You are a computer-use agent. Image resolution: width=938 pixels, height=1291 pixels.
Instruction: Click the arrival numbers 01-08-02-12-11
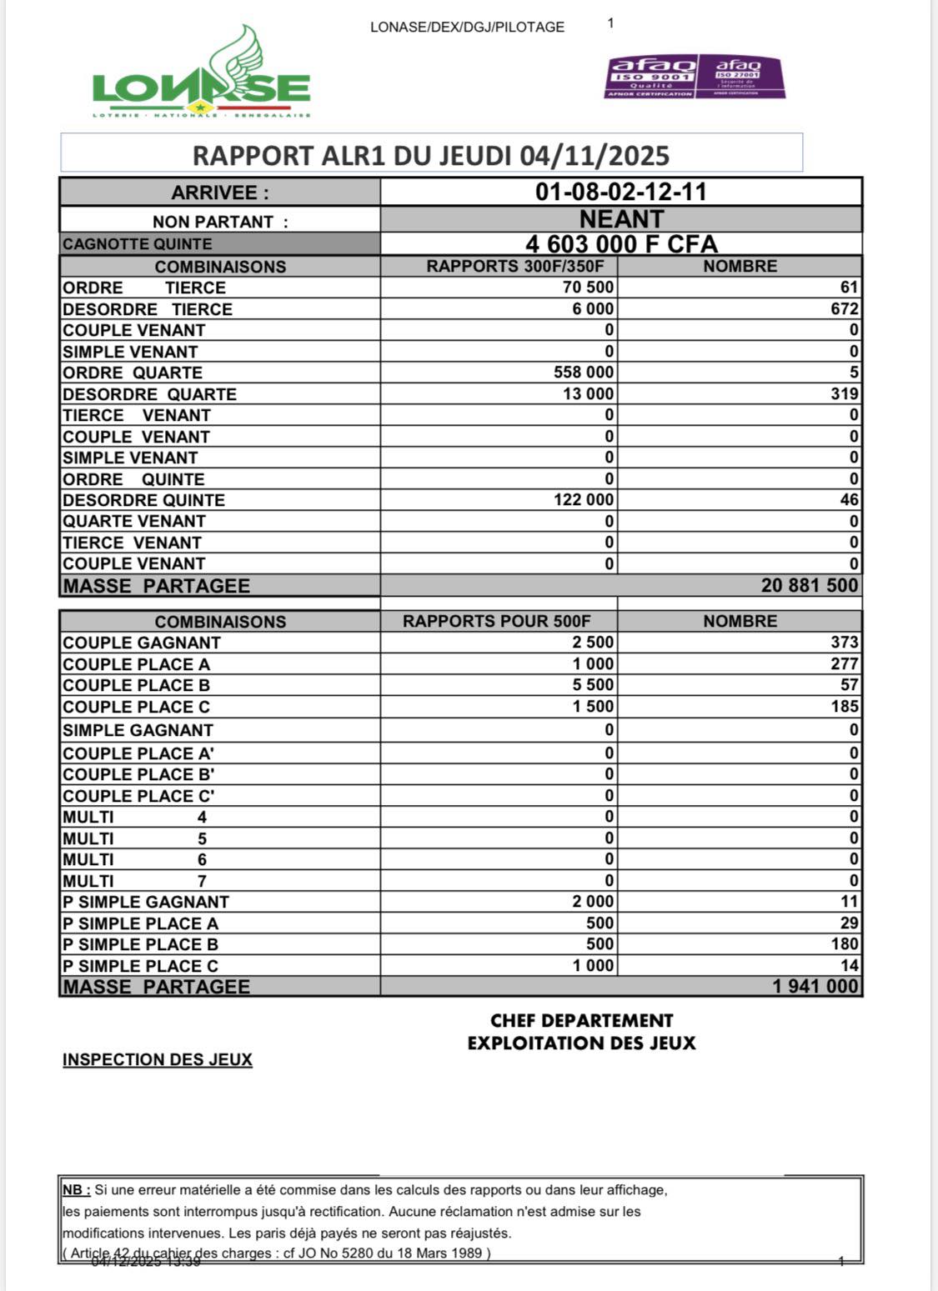tap(620, 192)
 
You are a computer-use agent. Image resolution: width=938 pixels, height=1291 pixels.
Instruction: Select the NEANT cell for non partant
tap(621, 219)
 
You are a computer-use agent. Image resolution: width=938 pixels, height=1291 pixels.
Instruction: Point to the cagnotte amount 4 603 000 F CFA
tap(621, 244)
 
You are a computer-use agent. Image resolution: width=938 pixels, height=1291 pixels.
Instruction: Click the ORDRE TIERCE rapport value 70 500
tap(588, 288)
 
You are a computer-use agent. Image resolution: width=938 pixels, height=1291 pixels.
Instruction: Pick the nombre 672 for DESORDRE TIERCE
tap(844, 309)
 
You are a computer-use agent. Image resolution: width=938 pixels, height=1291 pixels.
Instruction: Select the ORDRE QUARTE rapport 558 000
tap(583, 373)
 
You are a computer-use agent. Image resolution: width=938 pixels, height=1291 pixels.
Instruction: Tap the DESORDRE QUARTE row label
tap(149, 394)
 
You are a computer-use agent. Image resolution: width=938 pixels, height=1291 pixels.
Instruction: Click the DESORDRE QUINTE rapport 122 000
tap(583, 500)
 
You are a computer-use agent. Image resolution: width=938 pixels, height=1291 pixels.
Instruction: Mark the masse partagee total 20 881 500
tap(809, 585)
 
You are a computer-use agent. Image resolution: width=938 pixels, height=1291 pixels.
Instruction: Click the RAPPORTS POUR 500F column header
tap(496, 622)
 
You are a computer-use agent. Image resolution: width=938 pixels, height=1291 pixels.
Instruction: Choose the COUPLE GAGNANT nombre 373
tap(844, 643)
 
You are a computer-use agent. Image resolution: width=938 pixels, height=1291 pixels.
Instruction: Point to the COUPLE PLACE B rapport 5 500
tap(592, 685)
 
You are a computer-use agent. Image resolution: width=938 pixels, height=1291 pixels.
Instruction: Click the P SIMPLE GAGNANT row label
tap(145, 902)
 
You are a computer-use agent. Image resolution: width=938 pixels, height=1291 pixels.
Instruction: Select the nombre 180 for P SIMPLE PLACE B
tap(844, 944)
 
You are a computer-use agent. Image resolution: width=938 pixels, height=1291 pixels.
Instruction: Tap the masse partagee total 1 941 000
tap(815, 987)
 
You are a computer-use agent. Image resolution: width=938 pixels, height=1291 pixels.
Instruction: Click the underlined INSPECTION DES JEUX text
tap(157, 1059)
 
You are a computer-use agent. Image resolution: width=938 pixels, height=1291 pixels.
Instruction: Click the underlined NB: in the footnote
tap(76, 1190)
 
